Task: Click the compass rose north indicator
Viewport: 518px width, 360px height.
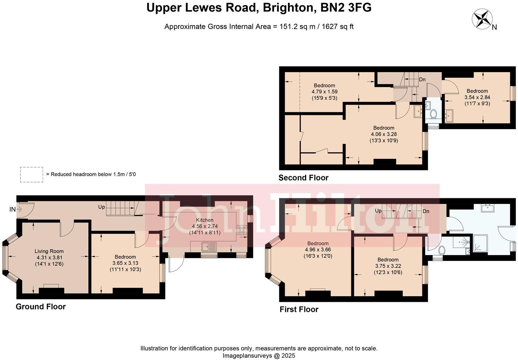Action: click(482, 19)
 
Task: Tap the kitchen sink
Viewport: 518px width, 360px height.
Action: click(209, 247)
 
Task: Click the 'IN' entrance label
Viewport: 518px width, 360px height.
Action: click(12, 209)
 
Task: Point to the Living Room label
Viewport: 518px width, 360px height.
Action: click(49, 251)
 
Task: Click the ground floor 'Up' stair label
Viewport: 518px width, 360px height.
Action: click(102, 207)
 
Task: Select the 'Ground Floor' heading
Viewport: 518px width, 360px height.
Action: click(41, 307)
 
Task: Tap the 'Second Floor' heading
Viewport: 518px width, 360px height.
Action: click(303, 178)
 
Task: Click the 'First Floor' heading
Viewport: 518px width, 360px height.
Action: click(299, 309)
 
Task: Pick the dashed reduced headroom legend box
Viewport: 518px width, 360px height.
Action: click(32, 174)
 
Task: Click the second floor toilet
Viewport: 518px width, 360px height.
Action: click(433, 114)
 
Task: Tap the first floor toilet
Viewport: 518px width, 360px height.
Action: click(441, 250)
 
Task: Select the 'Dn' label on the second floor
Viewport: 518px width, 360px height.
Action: click(422, 80)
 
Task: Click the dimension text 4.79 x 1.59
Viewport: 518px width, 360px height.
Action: click(324, 92)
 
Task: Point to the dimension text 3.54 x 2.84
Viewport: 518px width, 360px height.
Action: click(477, 97)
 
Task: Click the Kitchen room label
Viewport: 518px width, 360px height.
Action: click(204, 220)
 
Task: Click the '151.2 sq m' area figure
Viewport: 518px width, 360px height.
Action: click(296, 27)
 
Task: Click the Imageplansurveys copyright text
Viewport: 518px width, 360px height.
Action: click(259, 355)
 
